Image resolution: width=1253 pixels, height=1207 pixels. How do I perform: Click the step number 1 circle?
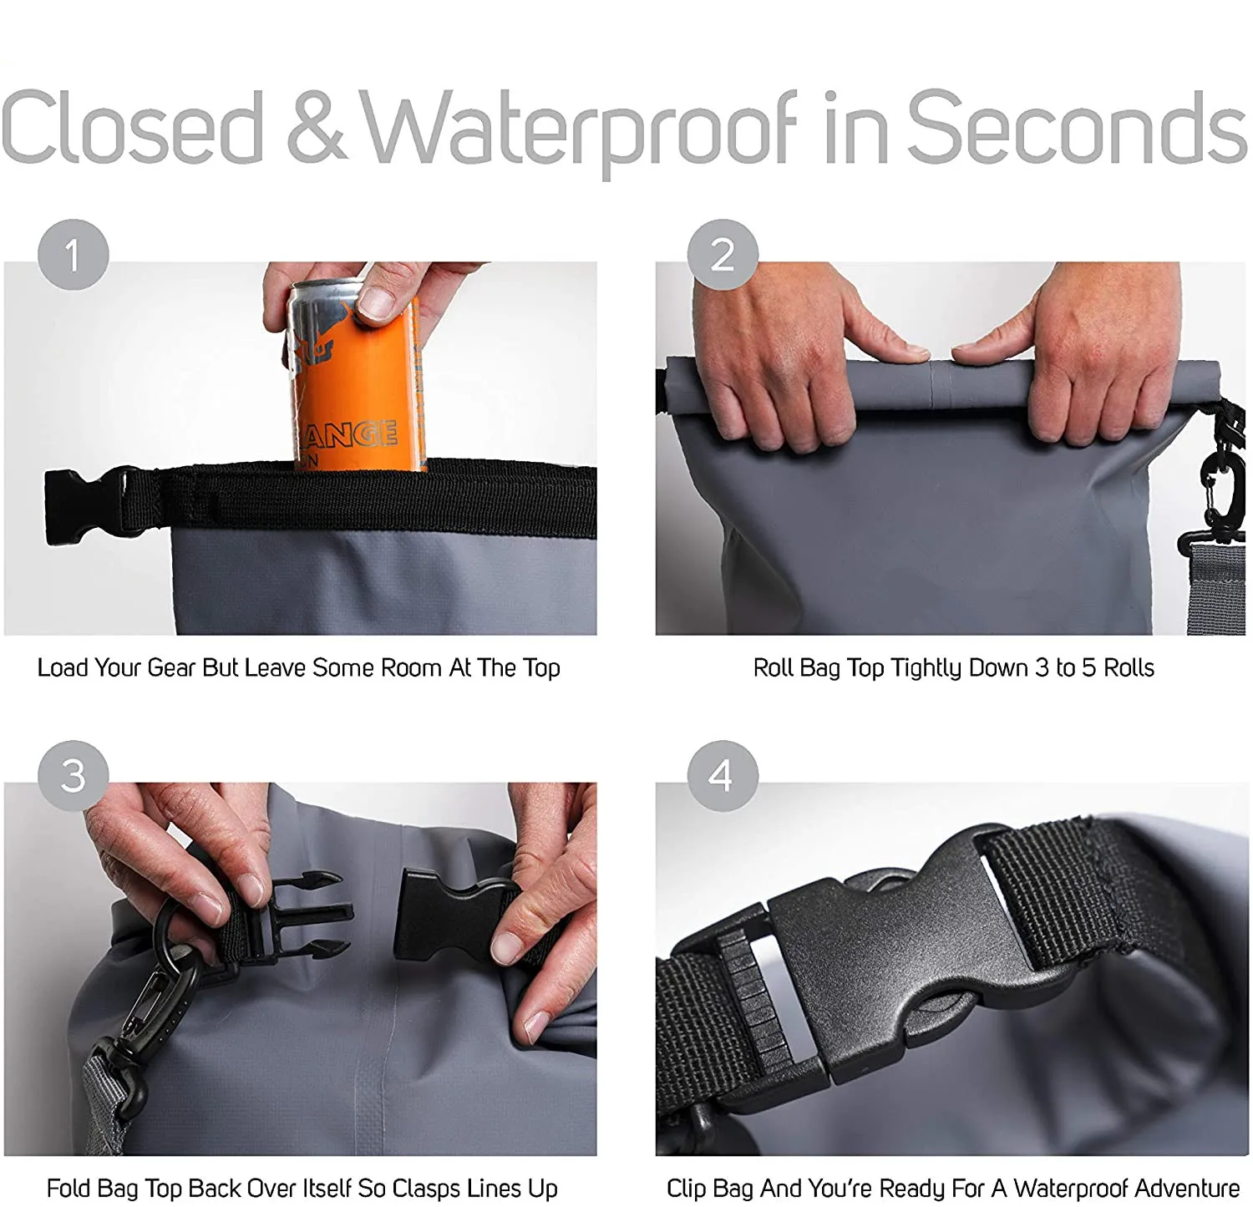[x=74, y=255]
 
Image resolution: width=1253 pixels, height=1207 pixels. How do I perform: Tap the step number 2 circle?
[x=723, y=255]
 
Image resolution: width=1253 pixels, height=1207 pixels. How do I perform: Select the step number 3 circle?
[x=74, y=776]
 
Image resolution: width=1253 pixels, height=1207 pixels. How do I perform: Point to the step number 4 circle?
[x=723, y=776]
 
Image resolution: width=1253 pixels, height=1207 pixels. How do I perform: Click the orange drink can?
[x=355, y=384]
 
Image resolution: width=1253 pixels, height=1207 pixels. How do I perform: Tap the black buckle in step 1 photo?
[x=84, y=505]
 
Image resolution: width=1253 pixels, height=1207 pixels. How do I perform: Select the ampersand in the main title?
[x=316, y=129]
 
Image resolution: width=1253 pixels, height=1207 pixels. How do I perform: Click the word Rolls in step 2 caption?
[x=1129, y=668]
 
